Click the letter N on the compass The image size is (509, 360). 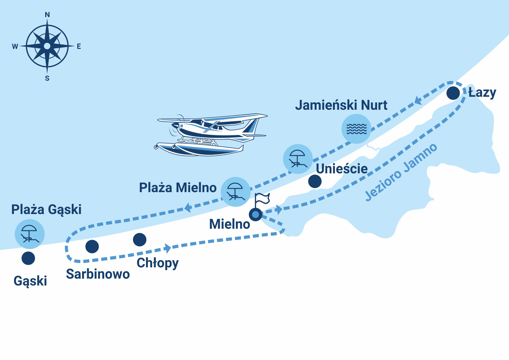coord(47,15)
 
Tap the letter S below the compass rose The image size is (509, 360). coord(47,78)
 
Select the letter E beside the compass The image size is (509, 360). coord(79,46)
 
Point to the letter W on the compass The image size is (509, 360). coord(15,46)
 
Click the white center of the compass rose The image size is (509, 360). coord(47,46)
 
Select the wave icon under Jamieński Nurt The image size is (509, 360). coord(356,129)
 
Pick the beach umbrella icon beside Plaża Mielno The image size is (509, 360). coord(235,192)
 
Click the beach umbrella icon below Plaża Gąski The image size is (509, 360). coord(29,234)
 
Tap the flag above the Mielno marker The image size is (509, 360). coord(262,198)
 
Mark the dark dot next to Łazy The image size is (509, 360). coord(453,93)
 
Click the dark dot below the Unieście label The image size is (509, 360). coord(314,182)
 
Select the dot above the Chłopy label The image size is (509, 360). coord(139,240)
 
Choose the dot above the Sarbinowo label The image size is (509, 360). coord(92,246)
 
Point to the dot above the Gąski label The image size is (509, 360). coord(28,258)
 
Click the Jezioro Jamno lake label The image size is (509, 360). coord(401,172)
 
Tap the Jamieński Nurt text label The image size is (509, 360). coord(341,105)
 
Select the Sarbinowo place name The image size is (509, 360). coord(98,274)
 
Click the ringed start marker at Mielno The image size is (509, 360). coord(255,214)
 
